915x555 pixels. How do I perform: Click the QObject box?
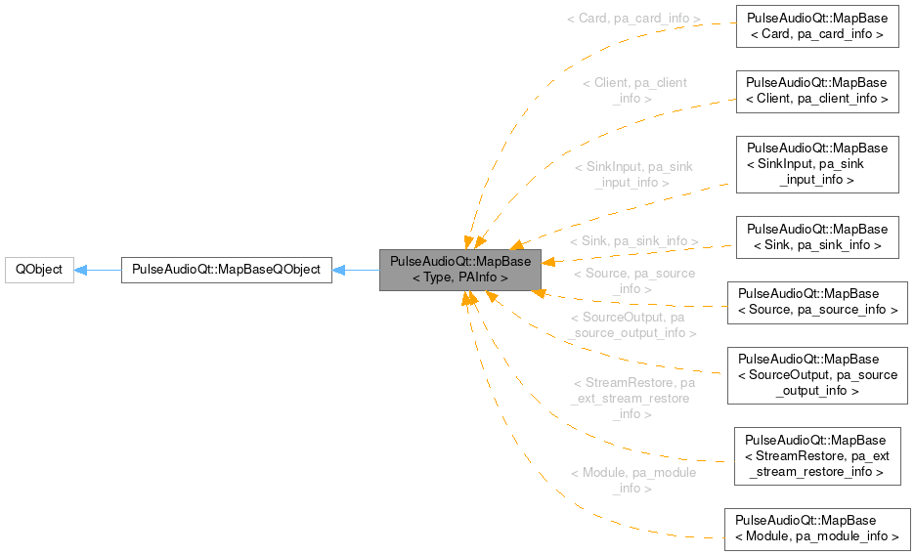click(x=39, y=270)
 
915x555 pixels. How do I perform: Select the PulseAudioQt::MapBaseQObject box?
click(x=226, y=270)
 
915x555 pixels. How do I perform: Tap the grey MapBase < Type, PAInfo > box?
click(x=460, y=270)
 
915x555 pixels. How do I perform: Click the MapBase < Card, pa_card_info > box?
click(x=816, y=26)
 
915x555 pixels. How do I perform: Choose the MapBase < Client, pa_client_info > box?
click(x=816, y=91)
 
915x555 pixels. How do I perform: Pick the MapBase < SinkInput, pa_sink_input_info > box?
click(x=816, y=164)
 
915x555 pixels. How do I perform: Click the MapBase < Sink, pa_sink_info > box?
click(x=816, y=237)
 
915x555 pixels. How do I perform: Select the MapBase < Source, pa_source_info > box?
click(x=816, y=302)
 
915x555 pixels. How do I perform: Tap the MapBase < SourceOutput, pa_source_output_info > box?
click(x=816, y=375)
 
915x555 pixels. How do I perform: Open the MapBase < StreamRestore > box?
click(x=816, y=455)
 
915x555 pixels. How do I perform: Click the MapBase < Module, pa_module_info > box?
click(x=816, y=529)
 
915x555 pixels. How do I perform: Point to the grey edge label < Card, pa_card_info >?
click(x=633, y=19)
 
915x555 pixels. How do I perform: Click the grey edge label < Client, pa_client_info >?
click(x=633, y=91)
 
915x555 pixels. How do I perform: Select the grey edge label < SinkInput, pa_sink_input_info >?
click(x=633, y=174)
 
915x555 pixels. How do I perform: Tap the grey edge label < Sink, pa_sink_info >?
click(x=633, y=240)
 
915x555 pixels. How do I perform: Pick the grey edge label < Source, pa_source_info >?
click(x=633, y=281)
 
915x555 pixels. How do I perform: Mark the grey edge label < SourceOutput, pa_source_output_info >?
click(x=633, y=325)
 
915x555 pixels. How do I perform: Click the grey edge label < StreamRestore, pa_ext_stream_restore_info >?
click(x=633, y=399)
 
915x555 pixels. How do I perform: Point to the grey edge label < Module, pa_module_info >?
click(x=633, y=480)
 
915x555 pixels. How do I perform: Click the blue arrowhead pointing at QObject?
click(x=82, y=270)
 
